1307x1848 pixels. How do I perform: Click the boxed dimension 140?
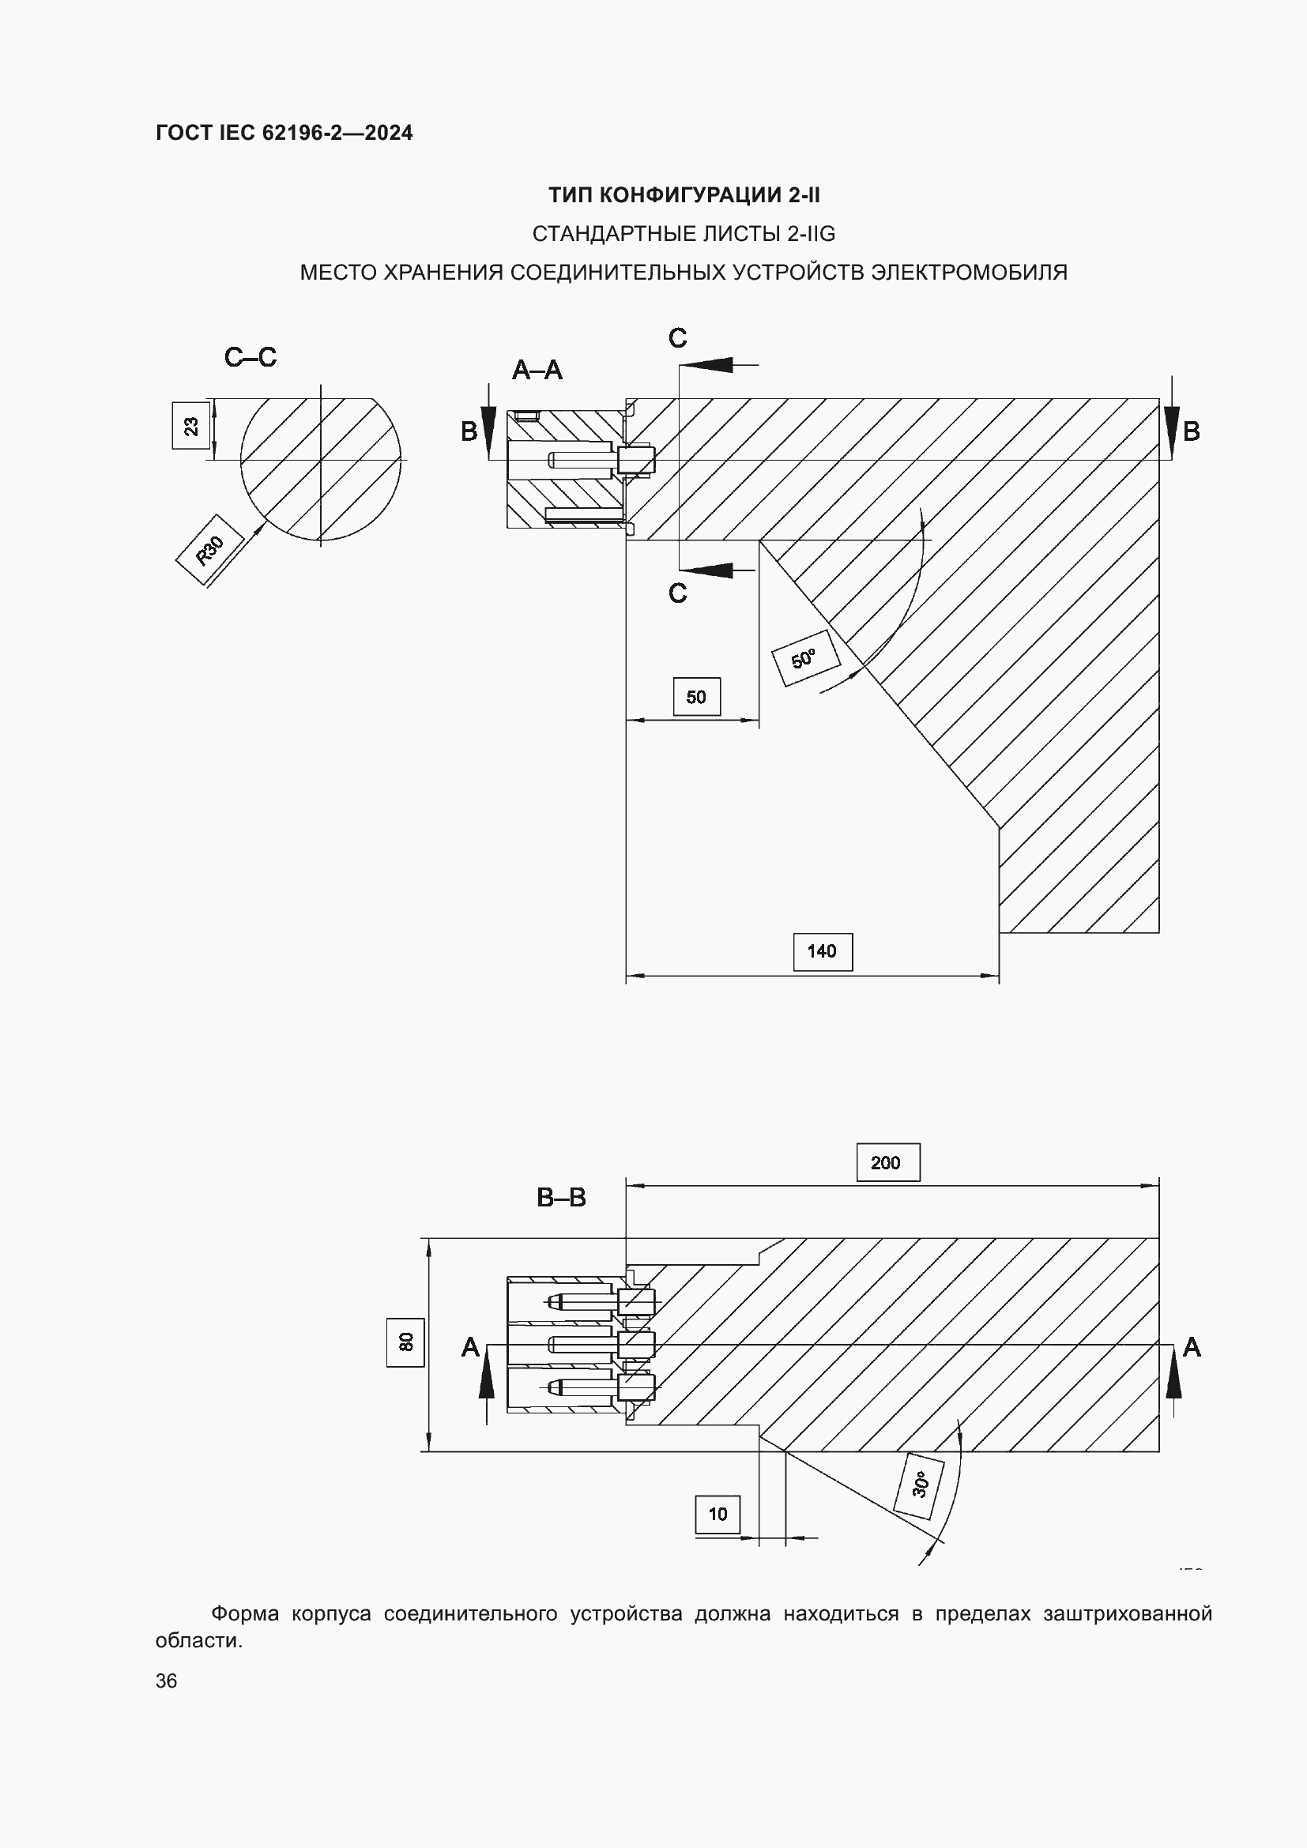click(x=822, y=951)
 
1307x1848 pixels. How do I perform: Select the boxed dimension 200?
click(x=887, y=1162)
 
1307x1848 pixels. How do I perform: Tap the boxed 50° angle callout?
click(x=804, y=657)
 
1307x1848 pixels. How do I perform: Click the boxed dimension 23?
click(x=191, y=425)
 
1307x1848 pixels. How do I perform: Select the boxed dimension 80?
click(x=405, y=1342)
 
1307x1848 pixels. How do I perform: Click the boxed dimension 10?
click(x=717, y=1514)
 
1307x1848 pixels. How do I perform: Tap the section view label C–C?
click(x=250, y=357)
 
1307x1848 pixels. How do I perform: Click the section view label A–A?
click(x=537, y=371)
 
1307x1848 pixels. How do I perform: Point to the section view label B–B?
click(x=561, y=1198)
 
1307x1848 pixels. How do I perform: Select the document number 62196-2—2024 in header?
click(x=337, y=133)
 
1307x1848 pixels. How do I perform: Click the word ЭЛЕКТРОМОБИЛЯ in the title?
click(x=969, y=273)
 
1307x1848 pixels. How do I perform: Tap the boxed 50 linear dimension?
click(x=696, y=696)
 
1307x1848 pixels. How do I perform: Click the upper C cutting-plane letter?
click(x=678, y=338)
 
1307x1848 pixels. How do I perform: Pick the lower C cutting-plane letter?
click(x=678, y=593)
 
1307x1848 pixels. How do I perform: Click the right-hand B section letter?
click(x=1191, y=432)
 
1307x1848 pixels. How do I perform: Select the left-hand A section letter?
click(x=470, y=1347)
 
